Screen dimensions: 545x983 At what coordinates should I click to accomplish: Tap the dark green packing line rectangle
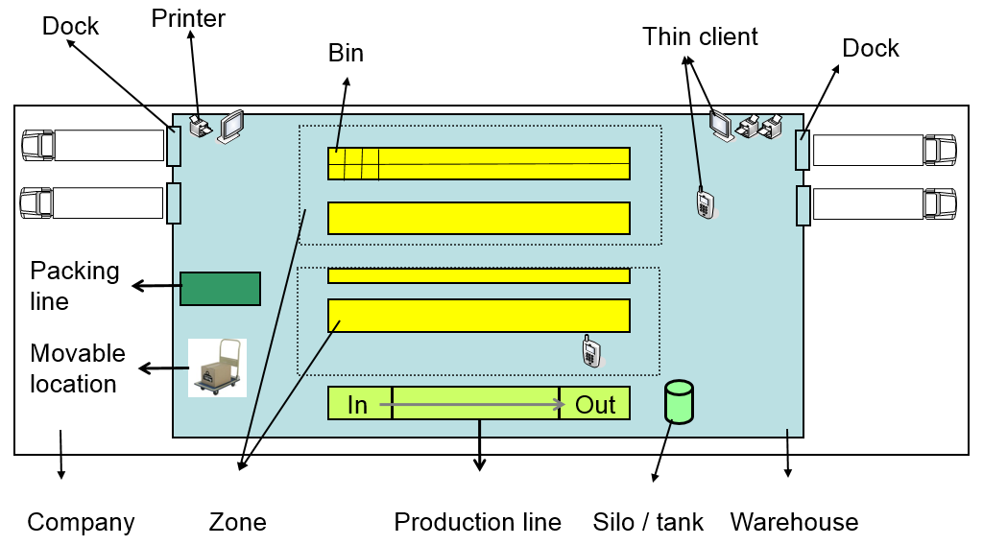(220, 289)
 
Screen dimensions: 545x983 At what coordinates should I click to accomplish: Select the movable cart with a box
(217, 367)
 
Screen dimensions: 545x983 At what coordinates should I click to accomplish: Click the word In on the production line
(357, 405)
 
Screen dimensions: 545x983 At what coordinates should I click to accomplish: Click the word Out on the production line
(595, 405)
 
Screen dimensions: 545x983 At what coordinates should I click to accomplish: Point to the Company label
(81, 522)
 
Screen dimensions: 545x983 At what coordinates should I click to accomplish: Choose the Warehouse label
(794, 522)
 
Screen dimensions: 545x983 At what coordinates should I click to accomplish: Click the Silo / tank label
(648, 522)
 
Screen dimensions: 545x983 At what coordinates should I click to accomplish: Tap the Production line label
(477, 522)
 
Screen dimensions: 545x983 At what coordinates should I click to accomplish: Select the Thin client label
(700, 36)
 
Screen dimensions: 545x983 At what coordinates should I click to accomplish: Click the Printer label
(188, 18)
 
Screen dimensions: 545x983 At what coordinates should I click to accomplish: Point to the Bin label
(346, 53)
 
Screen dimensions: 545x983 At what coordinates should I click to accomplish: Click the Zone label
(237, 522)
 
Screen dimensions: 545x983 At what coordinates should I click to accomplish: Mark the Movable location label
(77, 368)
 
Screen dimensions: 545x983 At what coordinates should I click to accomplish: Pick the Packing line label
(75, 286)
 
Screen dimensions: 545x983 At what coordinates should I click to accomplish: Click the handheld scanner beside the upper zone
(705, 202)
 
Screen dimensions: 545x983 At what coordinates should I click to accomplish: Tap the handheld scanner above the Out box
(591, 351)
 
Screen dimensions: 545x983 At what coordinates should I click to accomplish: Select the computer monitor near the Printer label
(231, 127)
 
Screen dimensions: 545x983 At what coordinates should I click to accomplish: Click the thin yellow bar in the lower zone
(478, 276)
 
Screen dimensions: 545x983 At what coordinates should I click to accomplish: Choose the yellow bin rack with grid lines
(478, 163)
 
